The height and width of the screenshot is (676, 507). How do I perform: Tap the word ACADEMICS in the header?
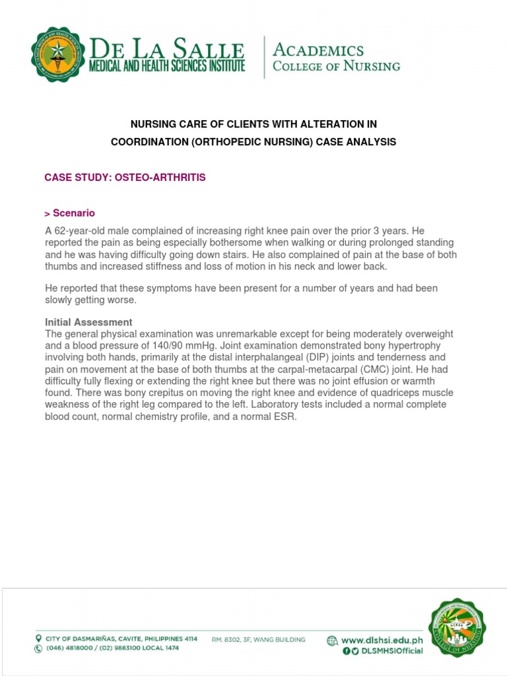(x=318, y=50)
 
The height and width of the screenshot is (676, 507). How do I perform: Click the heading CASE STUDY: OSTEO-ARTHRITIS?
(x=125, y=178)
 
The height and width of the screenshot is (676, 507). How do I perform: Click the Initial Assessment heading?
(x=88, y=322)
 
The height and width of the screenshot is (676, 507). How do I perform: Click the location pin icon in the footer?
(x=38, y=638)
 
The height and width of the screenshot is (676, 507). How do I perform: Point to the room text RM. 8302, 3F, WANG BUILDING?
(x=258, y=640)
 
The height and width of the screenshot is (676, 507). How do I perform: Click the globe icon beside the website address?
(x=332, y=640)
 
